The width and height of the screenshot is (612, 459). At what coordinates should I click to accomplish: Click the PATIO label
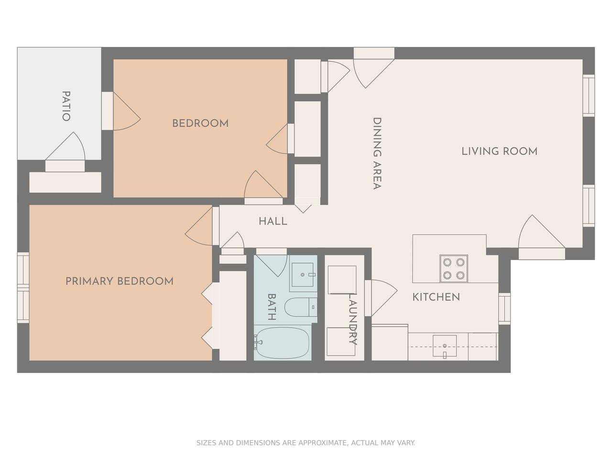66,106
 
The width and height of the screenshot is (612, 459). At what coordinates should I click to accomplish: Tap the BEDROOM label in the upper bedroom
200,123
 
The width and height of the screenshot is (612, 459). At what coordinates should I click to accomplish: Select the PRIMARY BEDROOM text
120,281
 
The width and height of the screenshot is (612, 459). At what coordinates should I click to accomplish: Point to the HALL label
273,221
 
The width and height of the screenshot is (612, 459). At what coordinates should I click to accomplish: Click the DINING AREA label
377,153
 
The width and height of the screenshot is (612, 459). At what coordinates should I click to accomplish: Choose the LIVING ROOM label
499,152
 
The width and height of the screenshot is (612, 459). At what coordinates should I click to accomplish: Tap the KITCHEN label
436,297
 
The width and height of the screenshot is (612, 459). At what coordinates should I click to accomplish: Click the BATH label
272,307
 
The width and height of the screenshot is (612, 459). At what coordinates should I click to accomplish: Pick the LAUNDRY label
353,319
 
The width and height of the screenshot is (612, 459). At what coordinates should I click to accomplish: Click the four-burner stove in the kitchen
454,268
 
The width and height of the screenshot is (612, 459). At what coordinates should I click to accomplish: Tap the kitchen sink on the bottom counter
445,346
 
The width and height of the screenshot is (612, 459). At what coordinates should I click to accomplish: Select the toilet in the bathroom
301,307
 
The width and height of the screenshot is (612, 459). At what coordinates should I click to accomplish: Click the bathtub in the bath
282,342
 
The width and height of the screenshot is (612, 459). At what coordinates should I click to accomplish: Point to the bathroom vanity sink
303,275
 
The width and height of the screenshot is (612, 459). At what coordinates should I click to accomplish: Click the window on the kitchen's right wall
504,309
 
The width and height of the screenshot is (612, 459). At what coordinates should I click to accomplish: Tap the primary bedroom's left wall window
23,288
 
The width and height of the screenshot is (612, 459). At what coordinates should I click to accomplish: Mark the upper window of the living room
589,95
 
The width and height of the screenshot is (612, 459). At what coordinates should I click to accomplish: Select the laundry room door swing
381,298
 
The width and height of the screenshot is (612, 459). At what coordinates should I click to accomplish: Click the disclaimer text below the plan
306,443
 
